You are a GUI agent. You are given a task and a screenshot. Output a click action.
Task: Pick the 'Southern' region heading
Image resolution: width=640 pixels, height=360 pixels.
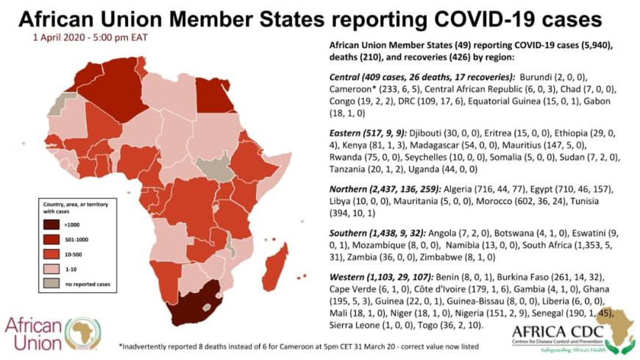point(351,232)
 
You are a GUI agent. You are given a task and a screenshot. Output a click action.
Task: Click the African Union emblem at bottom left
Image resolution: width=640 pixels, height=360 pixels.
point(82,333)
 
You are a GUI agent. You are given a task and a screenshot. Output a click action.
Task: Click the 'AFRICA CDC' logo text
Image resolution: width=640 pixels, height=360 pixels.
point(558,331)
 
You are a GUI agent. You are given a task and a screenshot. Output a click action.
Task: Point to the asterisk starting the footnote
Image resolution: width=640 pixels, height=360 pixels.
point(121,346)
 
